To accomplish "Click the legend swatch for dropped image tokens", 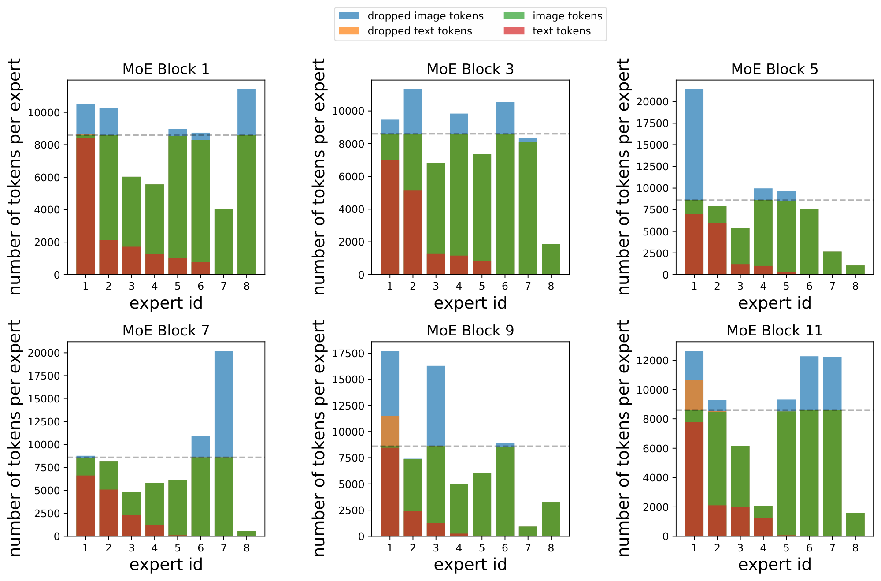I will pyautogui.click(x=349, y=16).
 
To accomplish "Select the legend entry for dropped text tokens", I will pyautogui.click(x=419, y=31).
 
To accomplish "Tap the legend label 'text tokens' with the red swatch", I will pyautogui.click(x=561, y=31).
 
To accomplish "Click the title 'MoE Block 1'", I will pyautogui.click(x=166, y=69).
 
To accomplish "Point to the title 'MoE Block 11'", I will pyautogui.click(x=774, y=331).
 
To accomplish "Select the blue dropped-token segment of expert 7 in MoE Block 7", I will pyautogui.click(x=224, y=403).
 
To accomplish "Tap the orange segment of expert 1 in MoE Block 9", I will pyautogui.click(x=390, y=431).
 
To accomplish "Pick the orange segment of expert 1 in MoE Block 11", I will pyautogui.click(x=694, y=395).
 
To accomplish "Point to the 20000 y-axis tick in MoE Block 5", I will pyautogui.click(x=653, y=102).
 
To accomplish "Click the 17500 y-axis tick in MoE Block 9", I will pyautogui.click(x=348, y=354).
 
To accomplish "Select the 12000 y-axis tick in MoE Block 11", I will pyautogui.click(x=653, y=361).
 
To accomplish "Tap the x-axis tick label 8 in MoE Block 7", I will pyautogui.click(x=247, y=548).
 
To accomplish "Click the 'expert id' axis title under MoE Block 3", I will pyautogui.click(x=470, y=303).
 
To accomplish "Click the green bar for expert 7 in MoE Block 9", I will pyautogui.click(x=528, y=531).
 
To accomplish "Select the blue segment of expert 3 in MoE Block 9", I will pyautogui.click(x=436, y=406).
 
